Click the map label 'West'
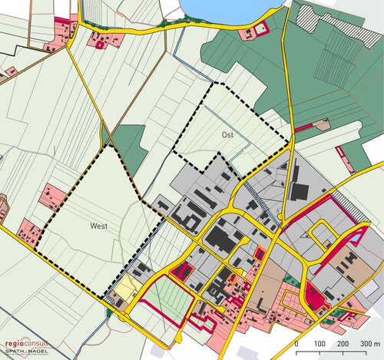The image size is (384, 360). [98, 226]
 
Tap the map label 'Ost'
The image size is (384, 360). [227, 135]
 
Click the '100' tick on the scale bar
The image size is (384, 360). [319, 343]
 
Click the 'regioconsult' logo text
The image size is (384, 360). [26, 345]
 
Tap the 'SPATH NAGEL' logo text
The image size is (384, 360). [26, 352]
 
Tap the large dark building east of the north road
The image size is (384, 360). [299, 191]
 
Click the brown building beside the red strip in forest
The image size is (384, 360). [323, 122]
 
